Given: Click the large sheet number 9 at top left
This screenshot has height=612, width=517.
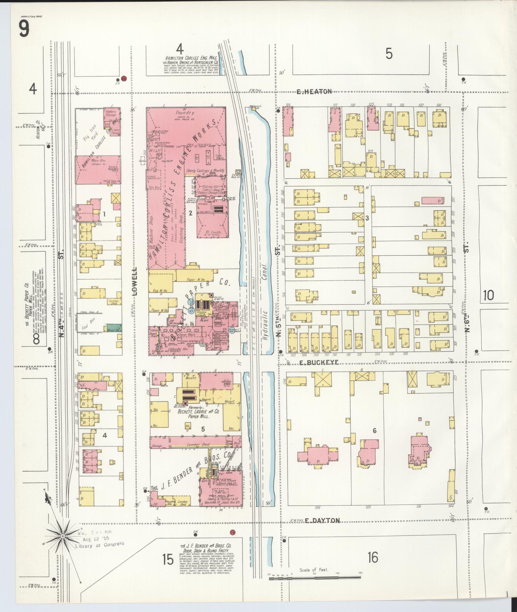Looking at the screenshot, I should [24, 28].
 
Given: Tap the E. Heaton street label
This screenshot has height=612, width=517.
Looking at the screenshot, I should [314, 92].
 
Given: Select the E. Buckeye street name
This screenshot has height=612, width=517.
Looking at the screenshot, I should [319, 362].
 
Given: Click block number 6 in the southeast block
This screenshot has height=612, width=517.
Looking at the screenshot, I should [375, 431].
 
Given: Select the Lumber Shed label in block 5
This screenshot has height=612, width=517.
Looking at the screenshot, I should [198, 445].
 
